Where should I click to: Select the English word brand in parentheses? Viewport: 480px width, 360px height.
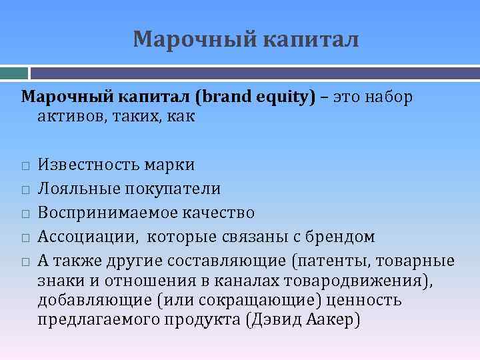point(226,97)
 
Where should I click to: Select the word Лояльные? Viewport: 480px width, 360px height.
point(76,189)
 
